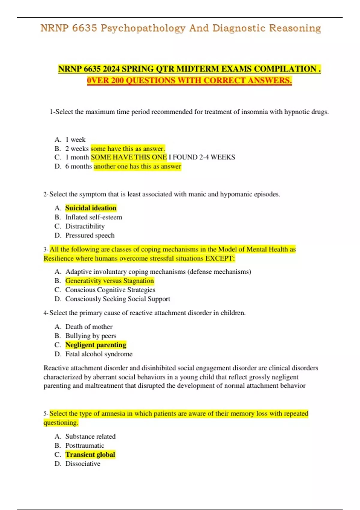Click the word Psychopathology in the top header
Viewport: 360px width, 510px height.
143,28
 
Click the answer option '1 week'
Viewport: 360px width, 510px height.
75,139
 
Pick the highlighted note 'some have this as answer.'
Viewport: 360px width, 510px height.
128,148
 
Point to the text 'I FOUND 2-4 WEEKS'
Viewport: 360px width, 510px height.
202,157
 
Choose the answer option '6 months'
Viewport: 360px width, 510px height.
79,166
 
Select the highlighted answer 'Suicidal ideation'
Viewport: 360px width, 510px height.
91,208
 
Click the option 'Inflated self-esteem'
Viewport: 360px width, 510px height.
94,217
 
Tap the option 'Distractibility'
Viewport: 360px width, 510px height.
85,226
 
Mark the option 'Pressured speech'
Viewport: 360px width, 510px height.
90,235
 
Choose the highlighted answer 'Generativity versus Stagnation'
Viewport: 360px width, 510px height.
109,281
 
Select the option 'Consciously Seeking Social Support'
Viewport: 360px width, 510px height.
118,299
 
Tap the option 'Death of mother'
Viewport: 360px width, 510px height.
89,327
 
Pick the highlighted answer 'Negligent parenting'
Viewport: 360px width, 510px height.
96,345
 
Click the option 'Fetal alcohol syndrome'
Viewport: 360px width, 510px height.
99,354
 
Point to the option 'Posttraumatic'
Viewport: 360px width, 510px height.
85,445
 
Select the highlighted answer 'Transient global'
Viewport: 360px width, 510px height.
90,454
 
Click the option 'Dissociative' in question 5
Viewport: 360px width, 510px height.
83,463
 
